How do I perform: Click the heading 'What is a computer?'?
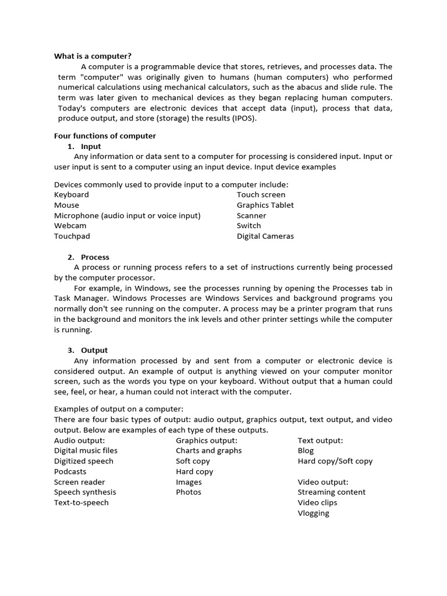pyautogui.click(x=93, y=56)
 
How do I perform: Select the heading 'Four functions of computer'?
pyautogui.click(x=105, y=136)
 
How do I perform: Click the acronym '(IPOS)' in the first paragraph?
pyautogui.click(x=243, y=118)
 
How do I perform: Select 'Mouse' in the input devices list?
pyautogui.click(x=66, y=205)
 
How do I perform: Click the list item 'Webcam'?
pyautogui.click(x=70, y=226)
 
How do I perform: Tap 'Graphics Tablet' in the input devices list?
pyautogui.click(x=265, y=205)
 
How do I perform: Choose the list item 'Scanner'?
pyautogui.click(x=251, y=215)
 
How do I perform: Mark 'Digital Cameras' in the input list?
pyautogui.click(x=265, y=236)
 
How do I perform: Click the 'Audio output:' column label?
pyautogui.click(x=79, y=441)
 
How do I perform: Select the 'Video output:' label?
pyautogui.click(x=323, y=482)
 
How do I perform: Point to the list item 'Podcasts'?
pyautogui.click(x=70, y=471)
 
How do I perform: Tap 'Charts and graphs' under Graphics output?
pyautogui.click(x=208, y=450)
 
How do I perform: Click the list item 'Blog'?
pyautogui.click(x=306, y=450)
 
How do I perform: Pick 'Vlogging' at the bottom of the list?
pyautogui.click(x=313, y=513)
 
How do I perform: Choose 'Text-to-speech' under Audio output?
pyautogui.click(x=81, y=503)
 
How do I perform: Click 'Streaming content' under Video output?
pyautogui.click(x=331, y=492)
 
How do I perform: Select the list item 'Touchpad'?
pyautogui.click(x=72, y=236)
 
